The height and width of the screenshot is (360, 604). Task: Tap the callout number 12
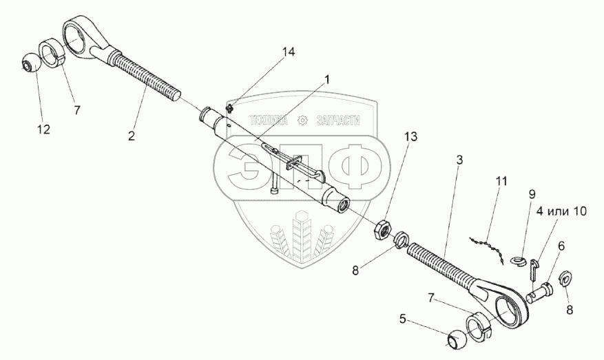pyautogui.click(x=43, y=129)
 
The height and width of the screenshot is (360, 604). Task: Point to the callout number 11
pyautogui.click(x=500, y=181)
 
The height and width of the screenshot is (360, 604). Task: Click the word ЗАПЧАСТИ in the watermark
pyautogui.click(x=338, y=120)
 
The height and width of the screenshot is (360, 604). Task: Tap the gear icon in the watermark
pyautogui.click(x=300, y=120)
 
